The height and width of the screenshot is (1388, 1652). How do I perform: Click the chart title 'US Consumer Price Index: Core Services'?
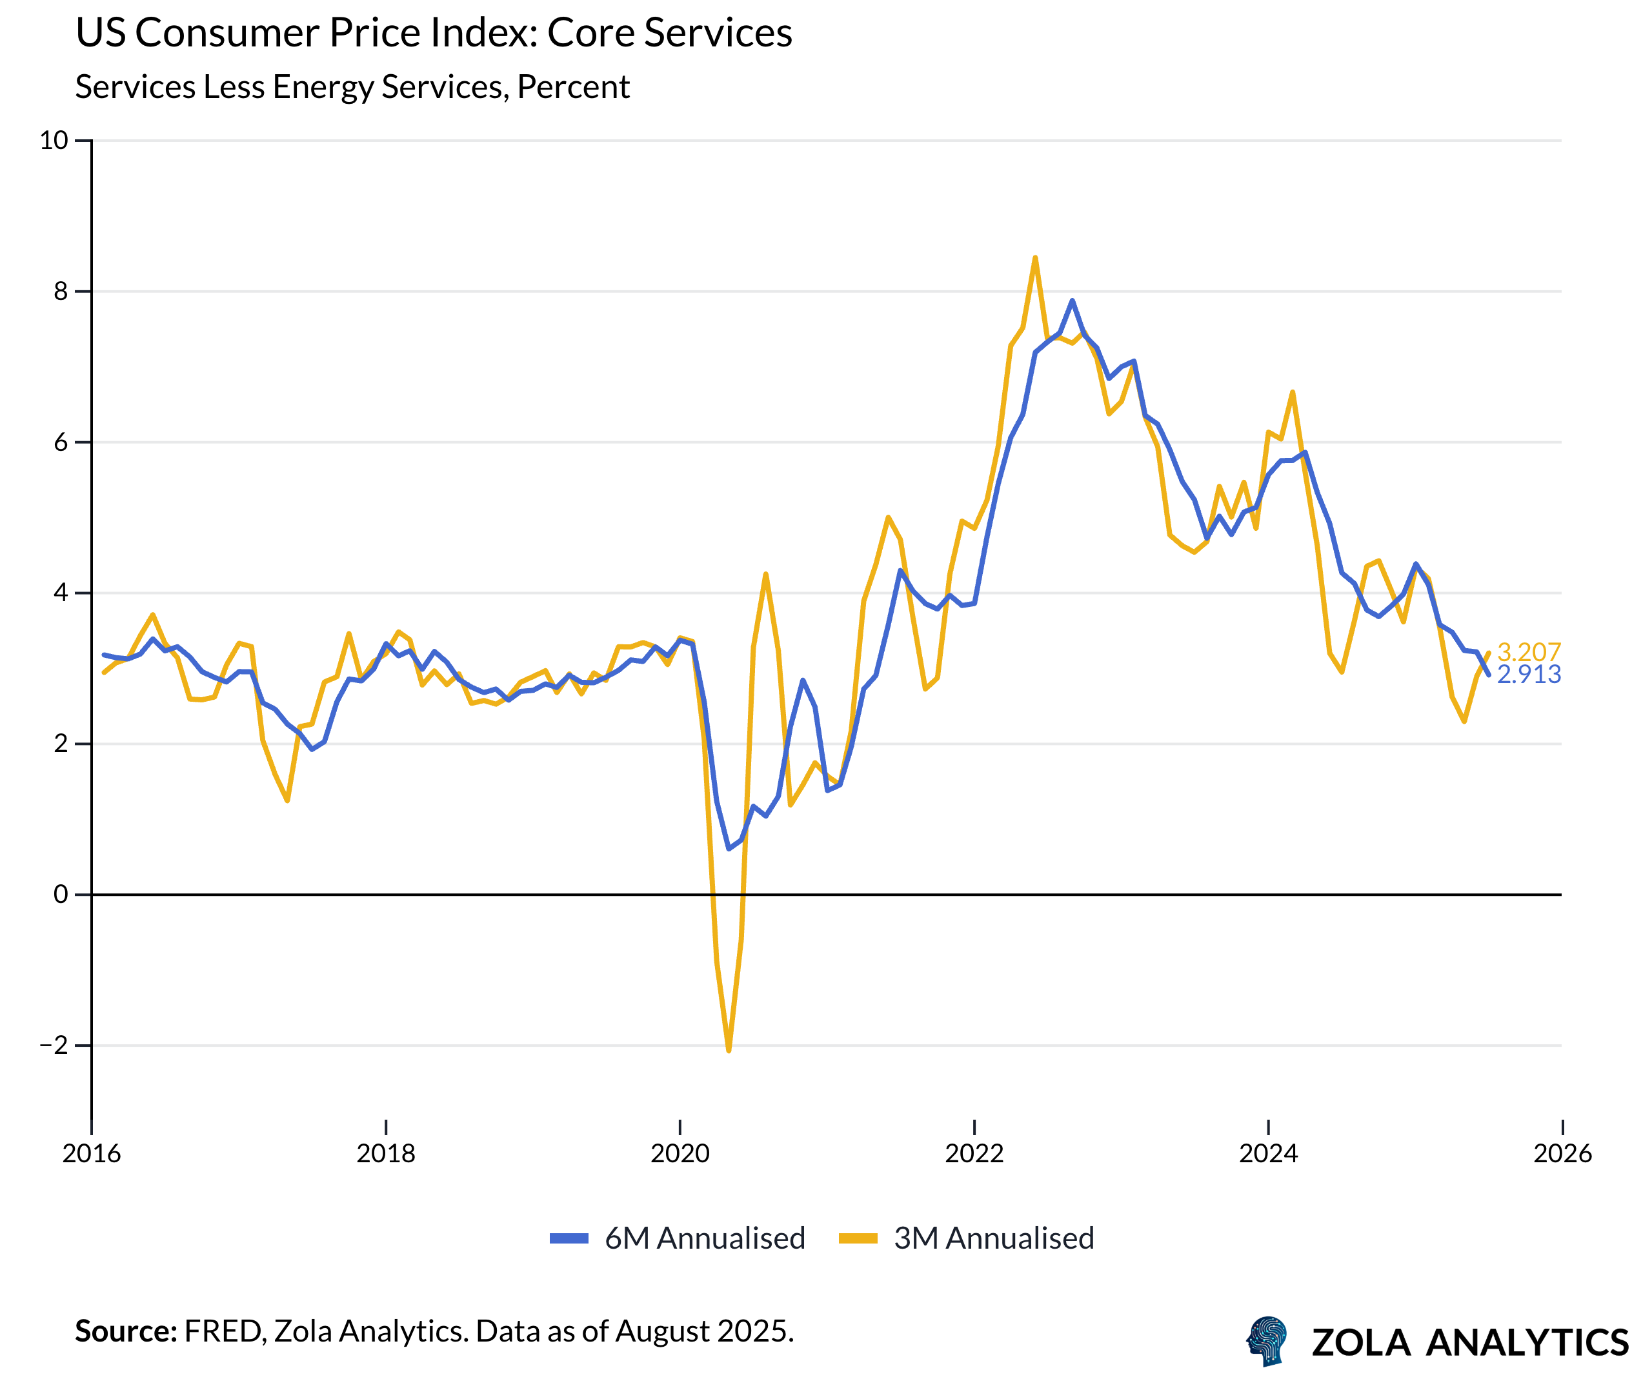[434, 33]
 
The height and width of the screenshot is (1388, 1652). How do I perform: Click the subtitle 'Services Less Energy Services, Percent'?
[352, 86]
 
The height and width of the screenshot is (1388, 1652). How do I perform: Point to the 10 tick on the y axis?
[54, 141]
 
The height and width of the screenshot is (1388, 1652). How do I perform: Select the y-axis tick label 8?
[61, 292]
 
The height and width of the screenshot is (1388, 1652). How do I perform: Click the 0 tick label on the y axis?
[61, 895]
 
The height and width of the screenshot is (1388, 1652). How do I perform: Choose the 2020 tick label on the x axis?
[680, 1153]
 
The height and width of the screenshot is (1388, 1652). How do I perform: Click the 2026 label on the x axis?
[1562, 1153]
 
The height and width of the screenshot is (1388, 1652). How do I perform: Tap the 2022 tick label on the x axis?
[974, 1153]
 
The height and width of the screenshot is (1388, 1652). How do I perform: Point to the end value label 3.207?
[1529, 651]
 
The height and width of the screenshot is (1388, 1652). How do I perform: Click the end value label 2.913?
[1529, 675]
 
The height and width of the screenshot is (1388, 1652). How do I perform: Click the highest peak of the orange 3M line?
[1035, 257]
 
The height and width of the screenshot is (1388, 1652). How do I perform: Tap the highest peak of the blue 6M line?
[1072, 301]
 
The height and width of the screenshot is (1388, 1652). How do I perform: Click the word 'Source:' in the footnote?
[126, 1331]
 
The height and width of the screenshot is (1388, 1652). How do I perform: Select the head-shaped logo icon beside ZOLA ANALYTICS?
[1266, 1341]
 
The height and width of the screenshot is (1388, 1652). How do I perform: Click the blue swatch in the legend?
[569, 1238]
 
